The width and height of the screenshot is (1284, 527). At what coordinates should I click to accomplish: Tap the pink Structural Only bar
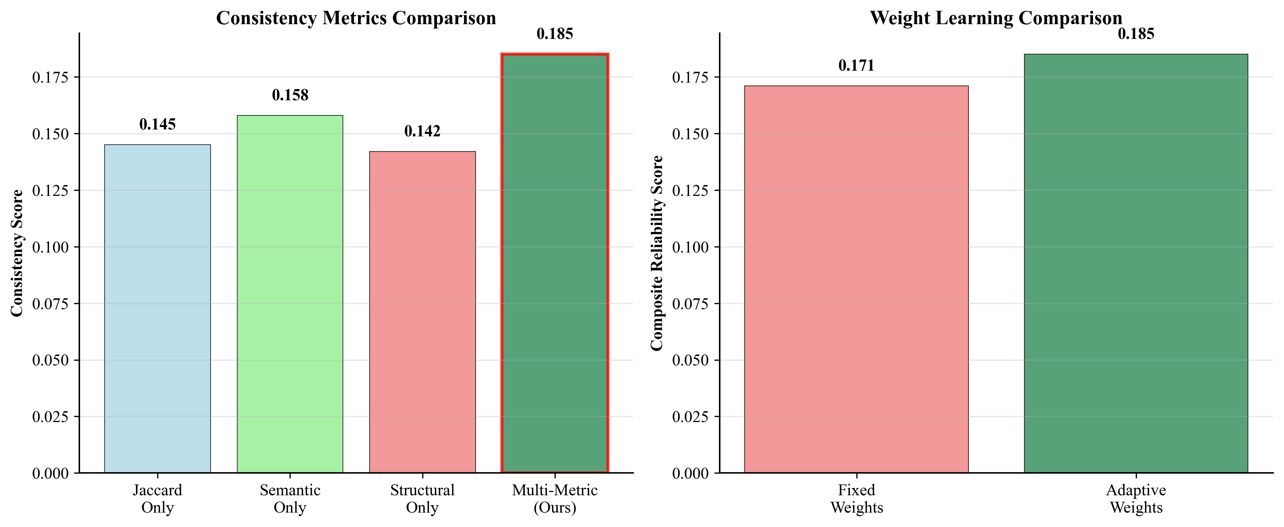[x=422, y=312]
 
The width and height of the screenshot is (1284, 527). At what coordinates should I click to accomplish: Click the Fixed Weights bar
[x=856, y=279]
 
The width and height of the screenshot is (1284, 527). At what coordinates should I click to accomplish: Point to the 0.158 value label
[x=290, y=95]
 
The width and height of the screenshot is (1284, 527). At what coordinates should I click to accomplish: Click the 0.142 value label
[x=422, y=131]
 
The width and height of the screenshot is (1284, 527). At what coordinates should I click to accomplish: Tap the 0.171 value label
[x=856, y=65]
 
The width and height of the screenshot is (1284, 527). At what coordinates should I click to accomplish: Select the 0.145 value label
[x=158, y=124]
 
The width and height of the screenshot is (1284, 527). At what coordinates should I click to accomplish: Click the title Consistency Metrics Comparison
[x=356, y=18]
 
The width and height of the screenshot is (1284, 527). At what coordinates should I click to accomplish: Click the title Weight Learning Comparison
[x=996, y=18]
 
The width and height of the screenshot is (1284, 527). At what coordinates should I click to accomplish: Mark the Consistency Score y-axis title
[x=17, y=253]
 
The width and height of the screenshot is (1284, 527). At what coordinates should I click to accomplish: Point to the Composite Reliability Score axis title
[x=657, y=253]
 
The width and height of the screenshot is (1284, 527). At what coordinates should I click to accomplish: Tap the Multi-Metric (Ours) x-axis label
[x=555, y=499]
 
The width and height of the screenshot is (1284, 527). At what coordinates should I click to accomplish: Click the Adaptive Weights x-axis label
[x=1136, y=499]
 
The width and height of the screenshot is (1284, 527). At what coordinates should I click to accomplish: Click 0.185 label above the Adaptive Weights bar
[x=1136, y=34]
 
